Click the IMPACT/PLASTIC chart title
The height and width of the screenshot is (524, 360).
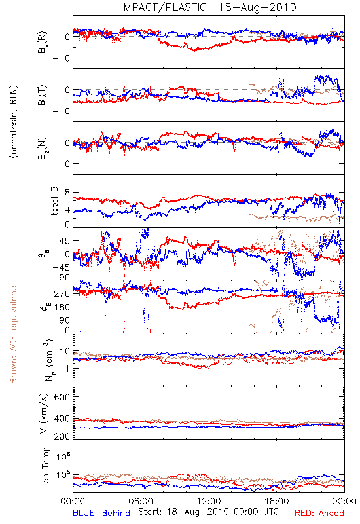(208, 7)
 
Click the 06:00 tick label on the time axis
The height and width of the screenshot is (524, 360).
(141, 501)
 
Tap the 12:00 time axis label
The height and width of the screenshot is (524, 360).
(209, 501)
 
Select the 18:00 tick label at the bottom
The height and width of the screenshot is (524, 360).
(277, 501)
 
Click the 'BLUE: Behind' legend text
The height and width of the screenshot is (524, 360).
(101, 513)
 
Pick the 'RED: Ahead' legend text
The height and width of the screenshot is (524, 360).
(319, 513)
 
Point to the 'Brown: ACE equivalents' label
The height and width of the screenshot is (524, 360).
(13, 333)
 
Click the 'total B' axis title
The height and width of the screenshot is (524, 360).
(54, 201)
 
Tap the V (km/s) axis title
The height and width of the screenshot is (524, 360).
(44, 413)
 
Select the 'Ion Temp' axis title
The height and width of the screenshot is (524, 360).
(45, 466)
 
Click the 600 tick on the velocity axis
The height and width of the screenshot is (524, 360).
(62, 397)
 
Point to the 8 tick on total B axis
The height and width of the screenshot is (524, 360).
(67, 193)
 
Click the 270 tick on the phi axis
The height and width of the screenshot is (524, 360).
(62, 293)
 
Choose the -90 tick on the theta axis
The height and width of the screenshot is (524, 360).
(61, 278)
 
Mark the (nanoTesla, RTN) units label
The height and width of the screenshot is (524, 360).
(14, 122)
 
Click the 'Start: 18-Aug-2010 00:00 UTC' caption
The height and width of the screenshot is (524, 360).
(208, 512)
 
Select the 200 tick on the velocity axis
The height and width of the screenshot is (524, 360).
(62, 436)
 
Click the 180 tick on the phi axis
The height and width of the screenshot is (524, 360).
(62, 307)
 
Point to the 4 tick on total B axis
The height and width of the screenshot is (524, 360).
(67, 210)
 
